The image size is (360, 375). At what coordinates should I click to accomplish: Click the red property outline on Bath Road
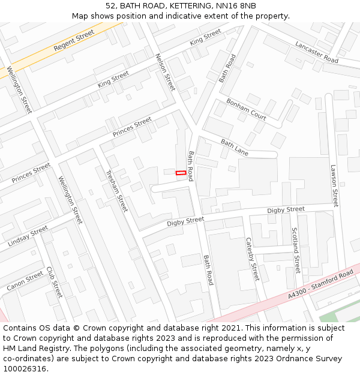180,173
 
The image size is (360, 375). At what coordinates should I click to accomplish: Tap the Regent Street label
74,40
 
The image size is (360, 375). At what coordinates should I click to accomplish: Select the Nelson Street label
165,72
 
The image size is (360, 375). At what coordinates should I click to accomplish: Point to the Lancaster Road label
316,52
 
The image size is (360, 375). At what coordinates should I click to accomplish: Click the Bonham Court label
246,109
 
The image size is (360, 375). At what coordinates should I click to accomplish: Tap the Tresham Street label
116,191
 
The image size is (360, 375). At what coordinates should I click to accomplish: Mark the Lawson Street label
334,186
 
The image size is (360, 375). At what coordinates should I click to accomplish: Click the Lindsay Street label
28,237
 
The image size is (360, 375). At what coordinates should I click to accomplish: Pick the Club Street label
54,283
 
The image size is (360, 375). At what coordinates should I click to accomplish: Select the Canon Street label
25,281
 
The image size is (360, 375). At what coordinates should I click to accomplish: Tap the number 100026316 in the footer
25,369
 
